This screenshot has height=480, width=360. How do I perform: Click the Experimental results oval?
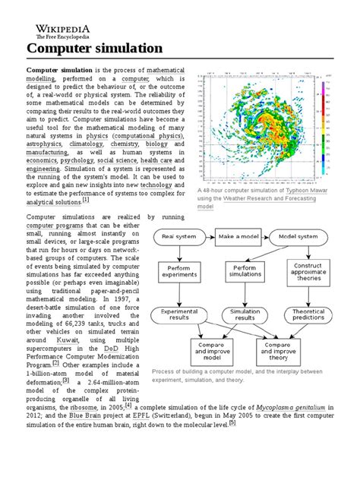[x=180, y=315]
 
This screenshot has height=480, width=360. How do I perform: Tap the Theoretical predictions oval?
[x=308, y=315]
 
